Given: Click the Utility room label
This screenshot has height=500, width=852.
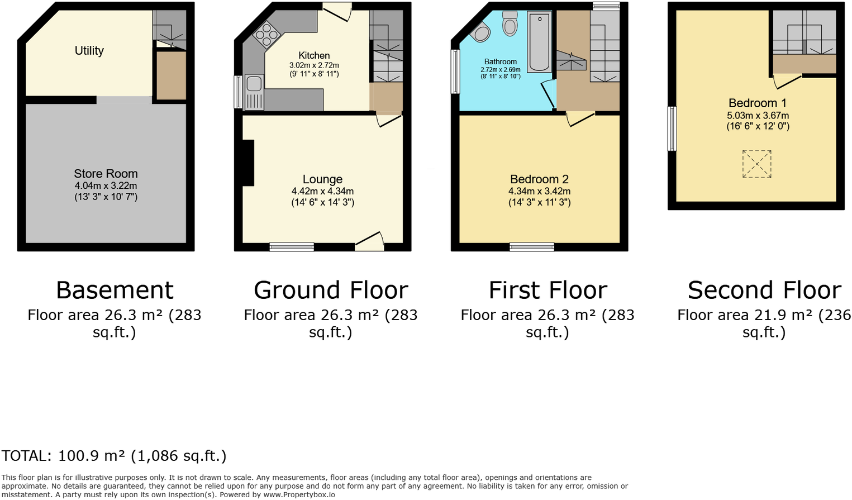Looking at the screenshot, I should [x=89, y=51].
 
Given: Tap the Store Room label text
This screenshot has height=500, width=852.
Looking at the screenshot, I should [x=106, y=174].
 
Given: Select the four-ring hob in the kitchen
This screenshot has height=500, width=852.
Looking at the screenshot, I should [x=266, y=34].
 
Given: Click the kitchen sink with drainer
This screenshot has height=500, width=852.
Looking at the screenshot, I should [x=254, y=91].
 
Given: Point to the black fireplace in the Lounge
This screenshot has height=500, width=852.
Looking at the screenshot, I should [x=248, y=163].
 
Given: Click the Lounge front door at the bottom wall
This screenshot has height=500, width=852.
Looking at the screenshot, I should [x=369, y=242].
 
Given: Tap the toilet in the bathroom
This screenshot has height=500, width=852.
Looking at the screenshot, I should [x=510, y=23].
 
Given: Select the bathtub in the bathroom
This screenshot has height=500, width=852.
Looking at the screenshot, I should [x=539, y=42].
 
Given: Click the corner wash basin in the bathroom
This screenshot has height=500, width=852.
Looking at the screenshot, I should [x=480, y=33].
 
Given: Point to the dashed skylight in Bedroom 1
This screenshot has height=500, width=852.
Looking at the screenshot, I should [x=756, y=164].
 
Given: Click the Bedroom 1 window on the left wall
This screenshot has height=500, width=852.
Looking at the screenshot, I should [x=672, y=128].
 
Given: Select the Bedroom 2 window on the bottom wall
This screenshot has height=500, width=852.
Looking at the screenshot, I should [x=531, y=247].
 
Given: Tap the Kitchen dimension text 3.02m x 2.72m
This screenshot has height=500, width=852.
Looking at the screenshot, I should [x=314, y=65].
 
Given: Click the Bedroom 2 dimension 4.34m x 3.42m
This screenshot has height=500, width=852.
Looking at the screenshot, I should [x=539, y=191].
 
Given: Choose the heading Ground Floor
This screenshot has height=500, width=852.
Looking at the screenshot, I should [x=331, y=291].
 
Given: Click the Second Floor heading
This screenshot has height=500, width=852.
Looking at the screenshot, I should [x=764, y=291].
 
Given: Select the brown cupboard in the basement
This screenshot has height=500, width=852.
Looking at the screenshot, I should [x=170, y=76].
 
